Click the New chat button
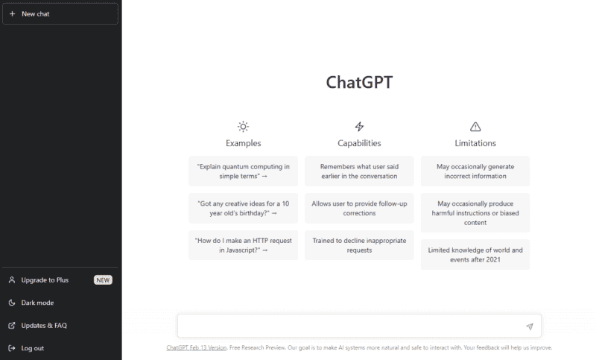(60, 13)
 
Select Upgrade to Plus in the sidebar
(45, 280)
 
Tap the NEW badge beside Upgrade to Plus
(103, 280)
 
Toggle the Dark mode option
(37, 303)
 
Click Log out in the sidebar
(32, 348)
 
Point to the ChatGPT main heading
(359, 82)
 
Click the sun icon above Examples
(243, 127)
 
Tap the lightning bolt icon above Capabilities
(359, 127)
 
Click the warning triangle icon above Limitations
(475, 127)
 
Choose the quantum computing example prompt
(243, 171)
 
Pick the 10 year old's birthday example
(243, 207)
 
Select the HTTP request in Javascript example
(243, 245)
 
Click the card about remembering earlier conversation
(359, 171)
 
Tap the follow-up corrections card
(359, 207)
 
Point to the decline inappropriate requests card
(359, 245)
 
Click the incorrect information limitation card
(475, 171)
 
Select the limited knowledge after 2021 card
(475, 254)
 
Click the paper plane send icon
(529, 326)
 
